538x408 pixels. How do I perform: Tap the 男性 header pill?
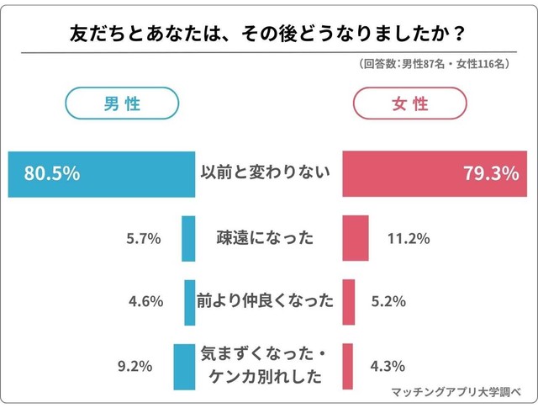pos(122,105)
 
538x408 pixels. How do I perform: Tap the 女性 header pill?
pos(409,105)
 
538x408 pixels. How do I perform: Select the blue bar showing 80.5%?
pos(101,174)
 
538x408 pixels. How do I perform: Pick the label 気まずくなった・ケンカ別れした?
pos(265,365)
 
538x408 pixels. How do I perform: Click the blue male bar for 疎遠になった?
pos(188,238)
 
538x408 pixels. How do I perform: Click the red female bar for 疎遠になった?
pos(356,238)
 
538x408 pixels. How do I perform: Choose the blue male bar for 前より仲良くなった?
pos(189,301)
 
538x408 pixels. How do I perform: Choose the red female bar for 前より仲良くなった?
pos(349,301)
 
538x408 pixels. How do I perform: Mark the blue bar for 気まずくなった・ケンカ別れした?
pos(183,366)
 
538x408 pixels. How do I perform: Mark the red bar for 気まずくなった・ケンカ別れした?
pos(347,366)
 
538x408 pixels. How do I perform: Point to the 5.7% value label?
pos(143,239)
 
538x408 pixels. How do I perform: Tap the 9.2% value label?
pos(134,366)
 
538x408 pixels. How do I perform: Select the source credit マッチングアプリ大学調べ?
pos(457,393)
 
